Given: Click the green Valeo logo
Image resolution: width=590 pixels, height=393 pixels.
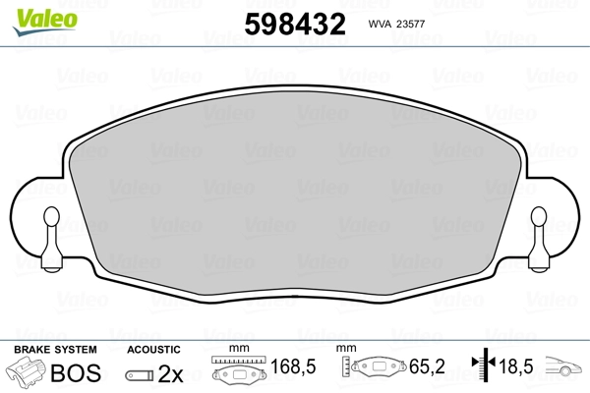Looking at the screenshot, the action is (x=45, y=22).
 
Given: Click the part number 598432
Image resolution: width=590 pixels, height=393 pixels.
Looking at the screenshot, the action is (x=295, y=24).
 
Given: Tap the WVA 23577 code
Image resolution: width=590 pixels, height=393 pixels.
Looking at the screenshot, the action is (x=396, y=24).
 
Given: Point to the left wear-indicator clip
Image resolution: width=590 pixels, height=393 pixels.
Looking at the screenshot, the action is (x=51, y=239).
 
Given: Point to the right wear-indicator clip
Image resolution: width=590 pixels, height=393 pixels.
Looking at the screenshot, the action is (x=539, y=239).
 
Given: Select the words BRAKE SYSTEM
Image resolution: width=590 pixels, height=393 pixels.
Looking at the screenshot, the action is (x=55, y=350).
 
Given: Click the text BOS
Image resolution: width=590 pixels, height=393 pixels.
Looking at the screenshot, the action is (x=76, y=372).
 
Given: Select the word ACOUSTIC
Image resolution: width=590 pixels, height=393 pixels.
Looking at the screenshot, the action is (x=153, y=350).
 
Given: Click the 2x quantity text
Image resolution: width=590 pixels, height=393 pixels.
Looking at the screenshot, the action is (x=170, y=373).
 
